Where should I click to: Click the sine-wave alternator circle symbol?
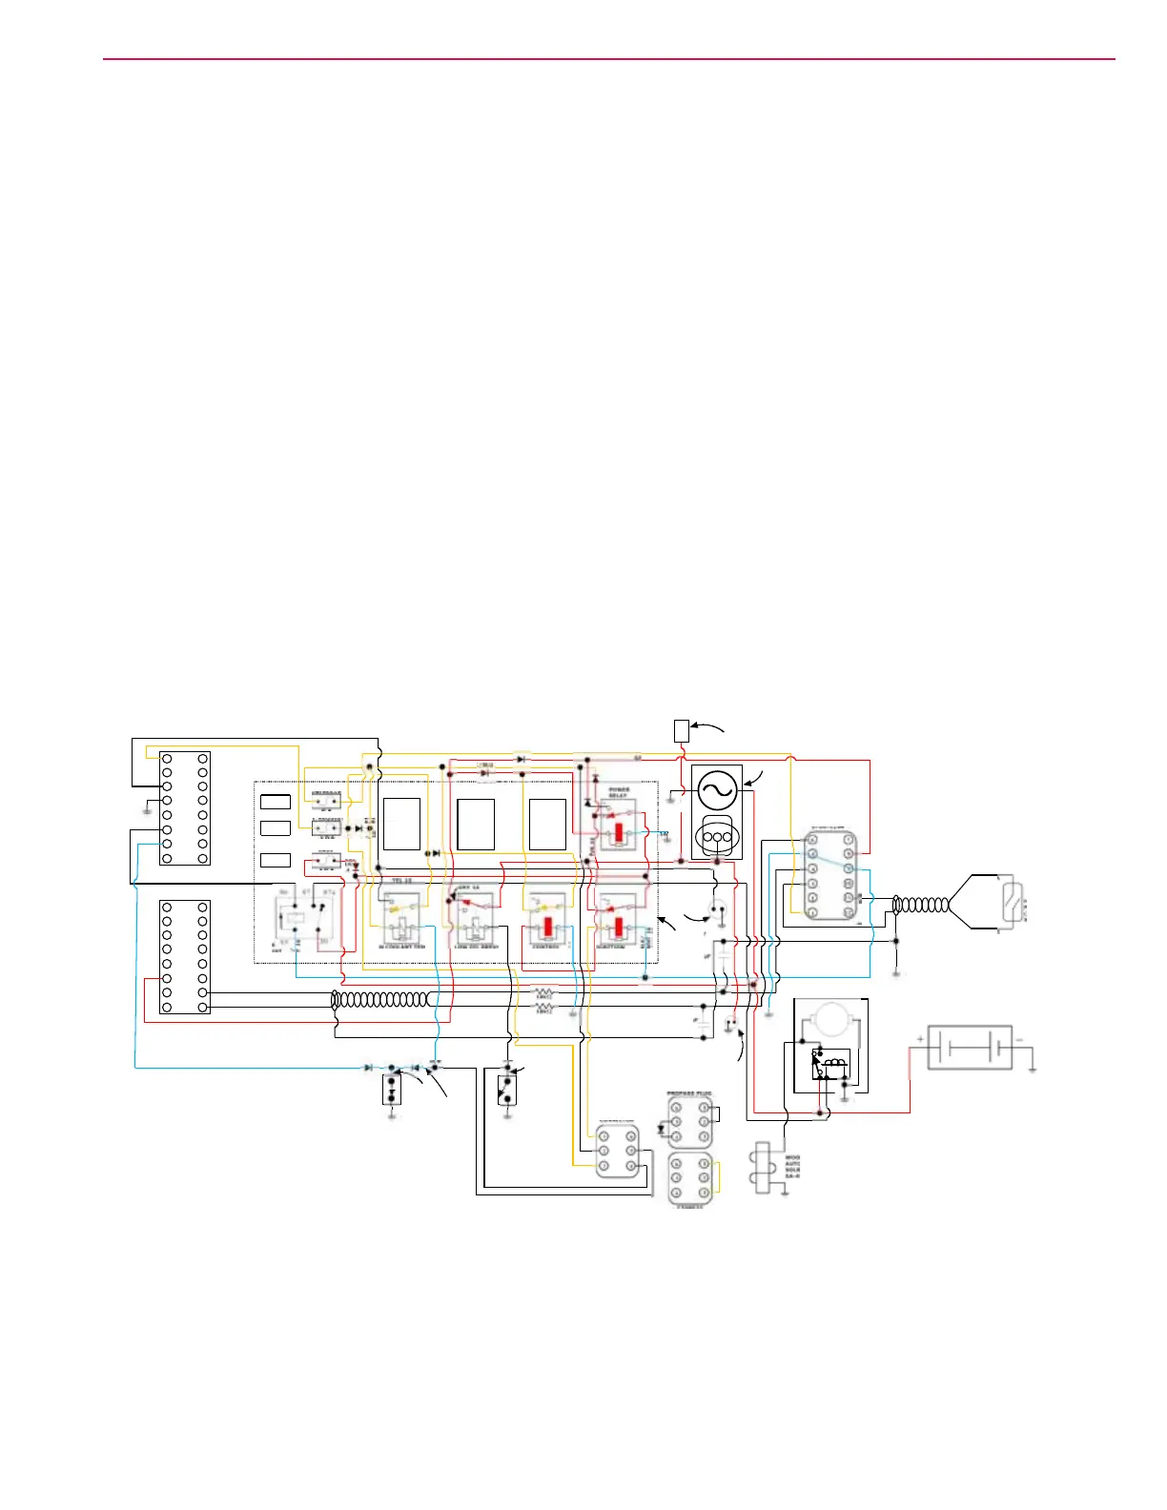pos(716,789)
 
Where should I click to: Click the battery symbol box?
pos(970,1048)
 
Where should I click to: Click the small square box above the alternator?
pos(681,731)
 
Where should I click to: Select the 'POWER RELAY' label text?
pos(619,792)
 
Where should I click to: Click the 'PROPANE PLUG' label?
pos(689,1093)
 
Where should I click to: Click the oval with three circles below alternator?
pos(716,837)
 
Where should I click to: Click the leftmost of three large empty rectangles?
pos(401,824)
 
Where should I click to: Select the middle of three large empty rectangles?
pos(475,825)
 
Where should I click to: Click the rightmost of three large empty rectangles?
pos(547,824)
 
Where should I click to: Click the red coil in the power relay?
pos(619,832)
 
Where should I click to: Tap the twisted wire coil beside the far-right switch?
pos(922,904)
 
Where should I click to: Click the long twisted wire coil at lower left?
pos(381,1000)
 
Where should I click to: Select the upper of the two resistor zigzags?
pos(543,993)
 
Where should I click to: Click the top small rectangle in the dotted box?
pos(276,802)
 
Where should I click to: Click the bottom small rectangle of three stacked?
pos(276,860)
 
